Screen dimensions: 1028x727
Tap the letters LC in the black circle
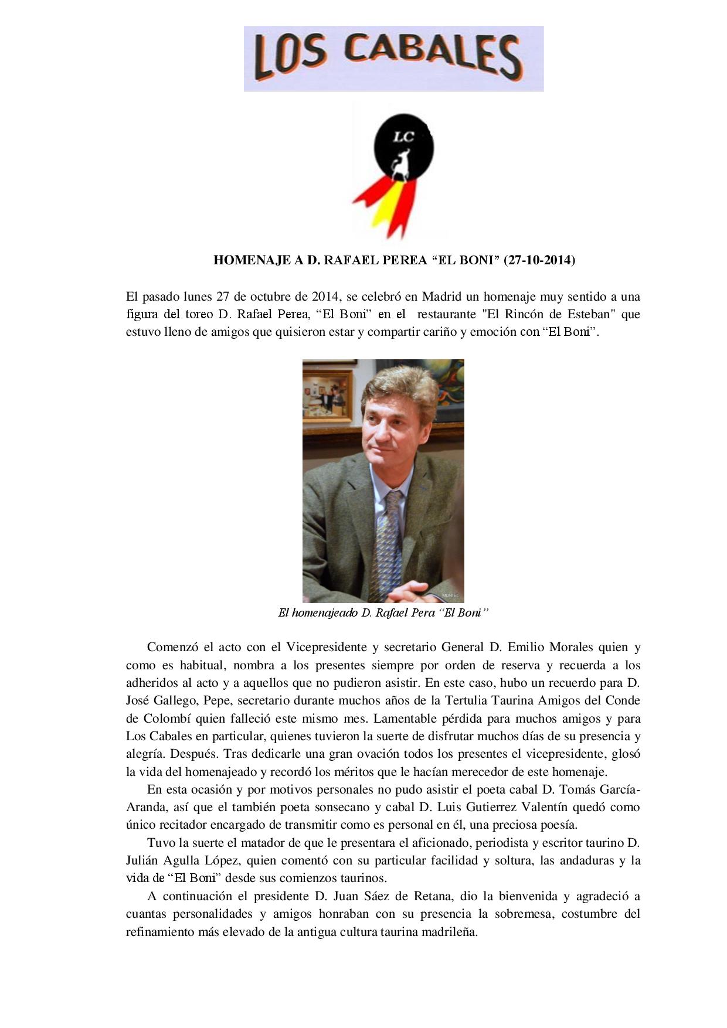coord(403,137)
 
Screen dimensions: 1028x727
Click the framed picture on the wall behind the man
coord(328,395)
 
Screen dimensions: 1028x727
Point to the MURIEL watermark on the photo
coord(450,595)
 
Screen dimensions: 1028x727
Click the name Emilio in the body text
coord(526,648)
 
